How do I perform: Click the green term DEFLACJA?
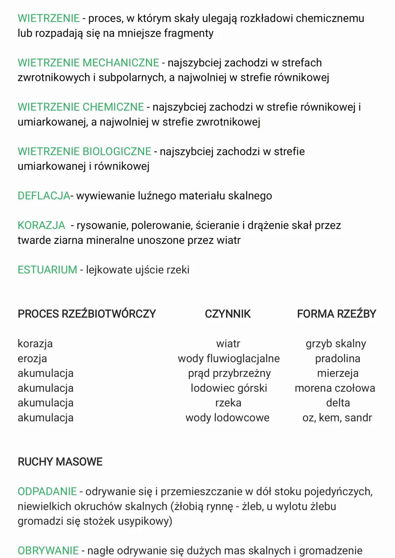pyautogui.click(x=44, y=196)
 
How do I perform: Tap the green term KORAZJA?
pyautogui.click(x=41, y=225)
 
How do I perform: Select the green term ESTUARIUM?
pyautogui.click(x=48, y=270)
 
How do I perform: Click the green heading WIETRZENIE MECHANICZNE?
pyautogui.click(x=89, y=63)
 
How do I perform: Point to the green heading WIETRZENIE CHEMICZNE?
pyautogui.click(x=81, y=107)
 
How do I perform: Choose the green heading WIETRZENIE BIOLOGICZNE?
pyautogui.click(x=84, y=151)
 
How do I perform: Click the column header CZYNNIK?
pyautogui.click(x=228, y=314)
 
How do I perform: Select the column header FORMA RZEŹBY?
pyautogui.click(x=336, y=314)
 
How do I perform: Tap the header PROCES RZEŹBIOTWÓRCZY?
pyautogui.click(x=87, y=314)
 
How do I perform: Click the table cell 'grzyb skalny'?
pyautogui.click(x=336, y=344)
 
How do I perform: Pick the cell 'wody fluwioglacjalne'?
pyautogui.click(x=229, y=358)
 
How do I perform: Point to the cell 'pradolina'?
pyautogui.click(x=338, y=358)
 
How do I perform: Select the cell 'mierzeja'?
pyautogui.click(x=338, y=373)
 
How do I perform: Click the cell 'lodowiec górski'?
pyautogui.click(x=229, y=388)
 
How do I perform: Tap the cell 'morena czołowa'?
pyautogui.click(x=335, y=388)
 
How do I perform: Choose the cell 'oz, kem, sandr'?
pyautogui.click(x=337, y=418)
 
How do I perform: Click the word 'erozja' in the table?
pyautogui.click(x=32, y=358)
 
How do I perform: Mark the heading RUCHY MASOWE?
pyautogui.click(x=60, y=462)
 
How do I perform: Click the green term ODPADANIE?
pyautogui.click(x=47, y=491)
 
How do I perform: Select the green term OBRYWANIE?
pyautogui.click(x=48, y=550)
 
